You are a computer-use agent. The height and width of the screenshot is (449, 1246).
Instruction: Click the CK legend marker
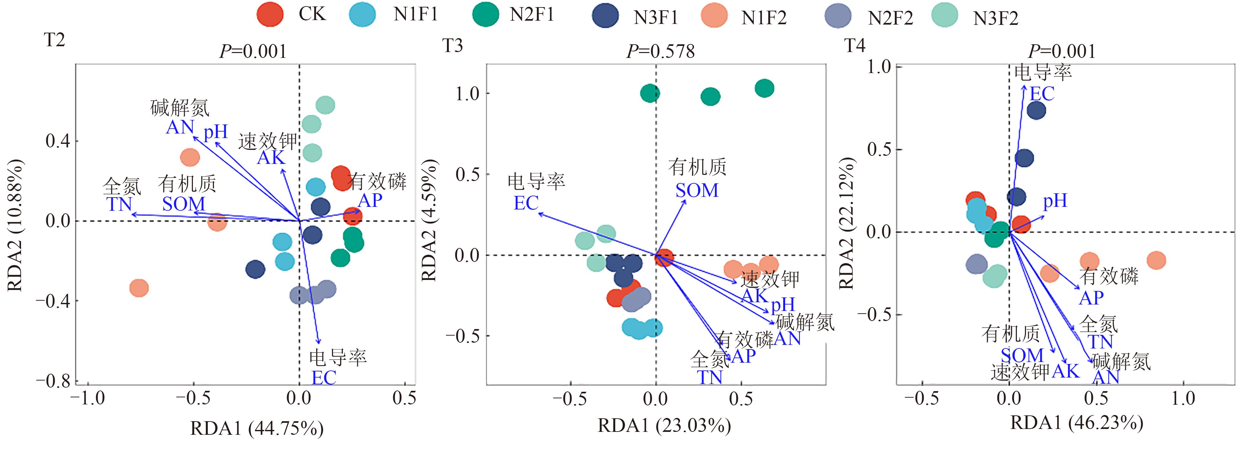click(x=269, y=15)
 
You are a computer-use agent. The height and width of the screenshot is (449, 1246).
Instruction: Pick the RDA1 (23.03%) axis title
click(x=664, y=426)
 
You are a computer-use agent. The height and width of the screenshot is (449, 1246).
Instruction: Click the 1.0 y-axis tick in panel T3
click(x=467, y=94)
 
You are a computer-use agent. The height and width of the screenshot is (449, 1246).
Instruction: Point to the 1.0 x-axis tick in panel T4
click(x=1183, y=398)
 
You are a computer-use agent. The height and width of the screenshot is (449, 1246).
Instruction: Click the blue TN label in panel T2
click(x=119, y=204)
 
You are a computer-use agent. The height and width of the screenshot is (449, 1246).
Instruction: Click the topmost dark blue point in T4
click(x=1036, y=111)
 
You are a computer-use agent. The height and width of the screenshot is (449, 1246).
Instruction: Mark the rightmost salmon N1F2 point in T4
click(x=1156, y=260)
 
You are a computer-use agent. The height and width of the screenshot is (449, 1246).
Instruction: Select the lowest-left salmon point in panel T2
click(x=139, y=288)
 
